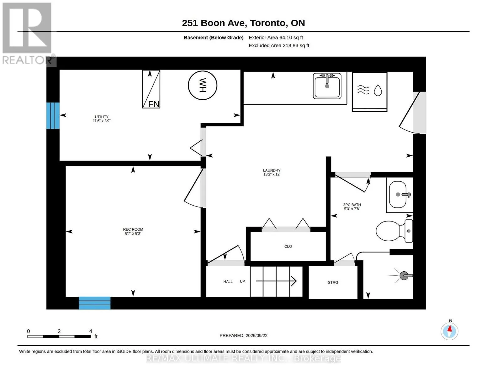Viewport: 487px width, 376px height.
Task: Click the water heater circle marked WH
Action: coord(202,85)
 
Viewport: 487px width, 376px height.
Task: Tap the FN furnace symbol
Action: coord(151,89)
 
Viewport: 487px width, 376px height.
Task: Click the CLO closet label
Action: coord(288,246)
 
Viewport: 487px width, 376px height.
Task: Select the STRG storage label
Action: coord(333,282)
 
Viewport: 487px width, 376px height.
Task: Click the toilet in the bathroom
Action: coord(394,231)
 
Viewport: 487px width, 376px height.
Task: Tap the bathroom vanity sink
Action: coord(400,195)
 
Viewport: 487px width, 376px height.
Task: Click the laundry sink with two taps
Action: coord(327,86)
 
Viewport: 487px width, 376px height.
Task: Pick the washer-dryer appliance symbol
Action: coord(369,91)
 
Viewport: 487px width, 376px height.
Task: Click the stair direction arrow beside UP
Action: coord(276,281)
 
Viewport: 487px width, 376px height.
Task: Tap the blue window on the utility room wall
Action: coord(53,116)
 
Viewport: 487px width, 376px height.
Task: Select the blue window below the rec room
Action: coord(95,303)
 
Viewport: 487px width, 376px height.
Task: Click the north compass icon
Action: coord(449,331)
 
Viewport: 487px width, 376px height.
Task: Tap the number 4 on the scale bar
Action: coord(91,331)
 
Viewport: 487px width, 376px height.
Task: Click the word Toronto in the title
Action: coord(268,23)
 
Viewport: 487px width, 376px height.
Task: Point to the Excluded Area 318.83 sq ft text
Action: coord(279,45)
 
